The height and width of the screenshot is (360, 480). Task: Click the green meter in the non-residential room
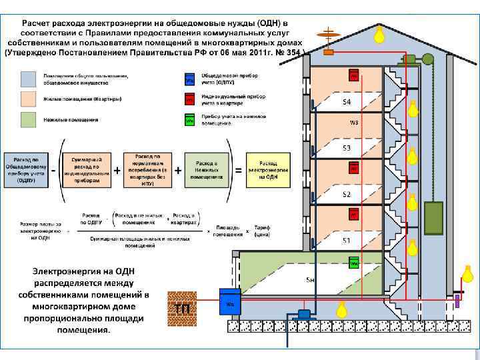pos(353,262)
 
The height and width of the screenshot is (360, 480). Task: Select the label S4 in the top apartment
pos(347,102)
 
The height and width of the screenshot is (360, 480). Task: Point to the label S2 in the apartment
pos(347,194)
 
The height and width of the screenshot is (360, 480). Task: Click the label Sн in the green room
pos(309,279)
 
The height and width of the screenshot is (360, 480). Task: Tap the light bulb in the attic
pos(380,34)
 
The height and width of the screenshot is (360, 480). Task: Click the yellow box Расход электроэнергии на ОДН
pos(268,171)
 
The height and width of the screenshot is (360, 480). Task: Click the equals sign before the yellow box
pos(238,171)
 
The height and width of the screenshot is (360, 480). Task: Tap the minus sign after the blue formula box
pos(53,169)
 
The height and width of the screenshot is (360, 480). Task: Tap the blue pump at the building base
pos(305,313)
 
